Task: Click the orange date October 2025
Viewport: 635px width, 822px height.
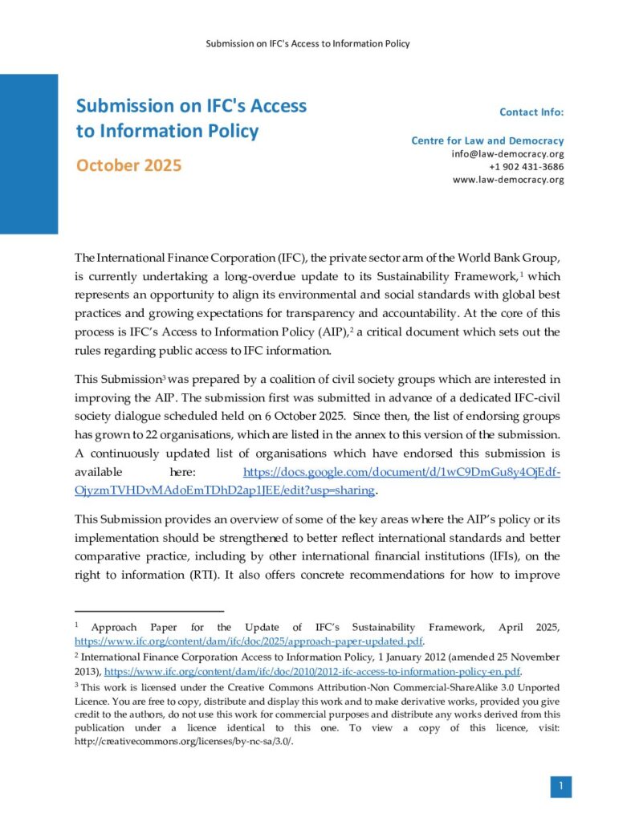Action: pos(128,165)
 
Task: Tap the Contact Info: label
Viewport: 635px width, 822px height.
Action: pos(531,112)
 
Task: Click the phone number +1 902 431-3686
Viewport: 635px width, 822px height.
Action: pos(526,166)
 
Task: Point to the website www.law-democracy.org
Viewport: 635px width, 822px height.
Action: pos(508,179)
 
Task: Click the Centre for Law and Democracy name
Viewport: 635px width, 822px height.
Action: pos(487,140)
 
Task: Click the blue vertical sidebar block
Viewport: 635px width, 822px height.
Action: pos(29,153)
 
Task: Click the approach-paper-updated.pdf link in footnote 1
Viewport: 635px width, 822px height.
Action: pos(249,642)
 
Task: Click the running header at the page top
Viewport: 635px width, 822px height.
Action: pos(308,43)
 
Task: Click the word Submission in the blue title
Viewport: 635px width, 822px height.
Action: pos(124,106)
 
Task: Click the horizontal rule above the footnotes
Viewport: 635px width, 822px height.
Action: pos(137,611)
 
